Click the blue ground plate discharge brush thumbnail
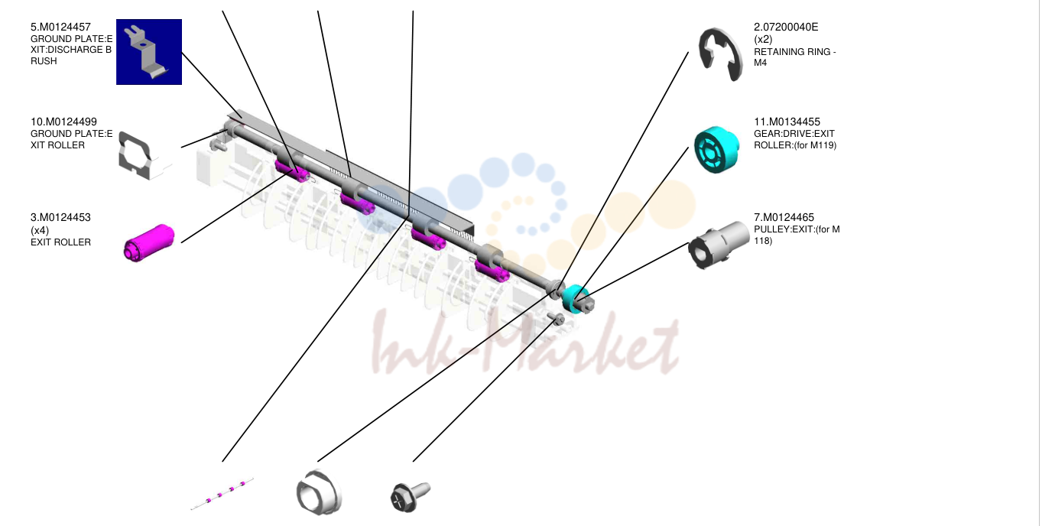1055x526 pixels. (149, 52)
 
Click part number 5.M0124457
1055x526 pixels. (60, 28)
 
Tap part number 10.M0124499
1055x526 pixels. (63, 122)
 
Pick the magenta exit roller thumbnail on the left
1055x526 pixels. (149, 243)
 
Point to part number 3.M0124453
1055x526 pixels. (60, 218)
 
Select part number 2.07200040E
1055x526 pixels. (786, 28)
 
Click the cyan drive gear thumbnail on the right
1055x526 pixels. (716, 150)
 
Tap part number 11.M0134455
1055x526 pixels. (787, 122)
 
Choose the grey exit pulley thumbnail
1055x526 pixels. (719, 245)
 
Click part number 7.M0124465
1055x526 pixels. (784, 218)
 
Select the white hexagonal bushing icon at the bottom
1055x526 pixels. (319, 492)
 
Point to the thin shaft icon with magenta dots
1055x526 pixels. (222, 494)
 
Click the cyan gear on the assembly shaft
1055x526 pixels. (574, 299)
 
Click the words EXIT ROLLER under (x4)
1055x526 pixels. (60, 242)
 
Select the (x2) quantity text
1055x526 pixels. (763, 40)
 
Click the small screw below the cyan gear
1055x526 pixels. (556, 319)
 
